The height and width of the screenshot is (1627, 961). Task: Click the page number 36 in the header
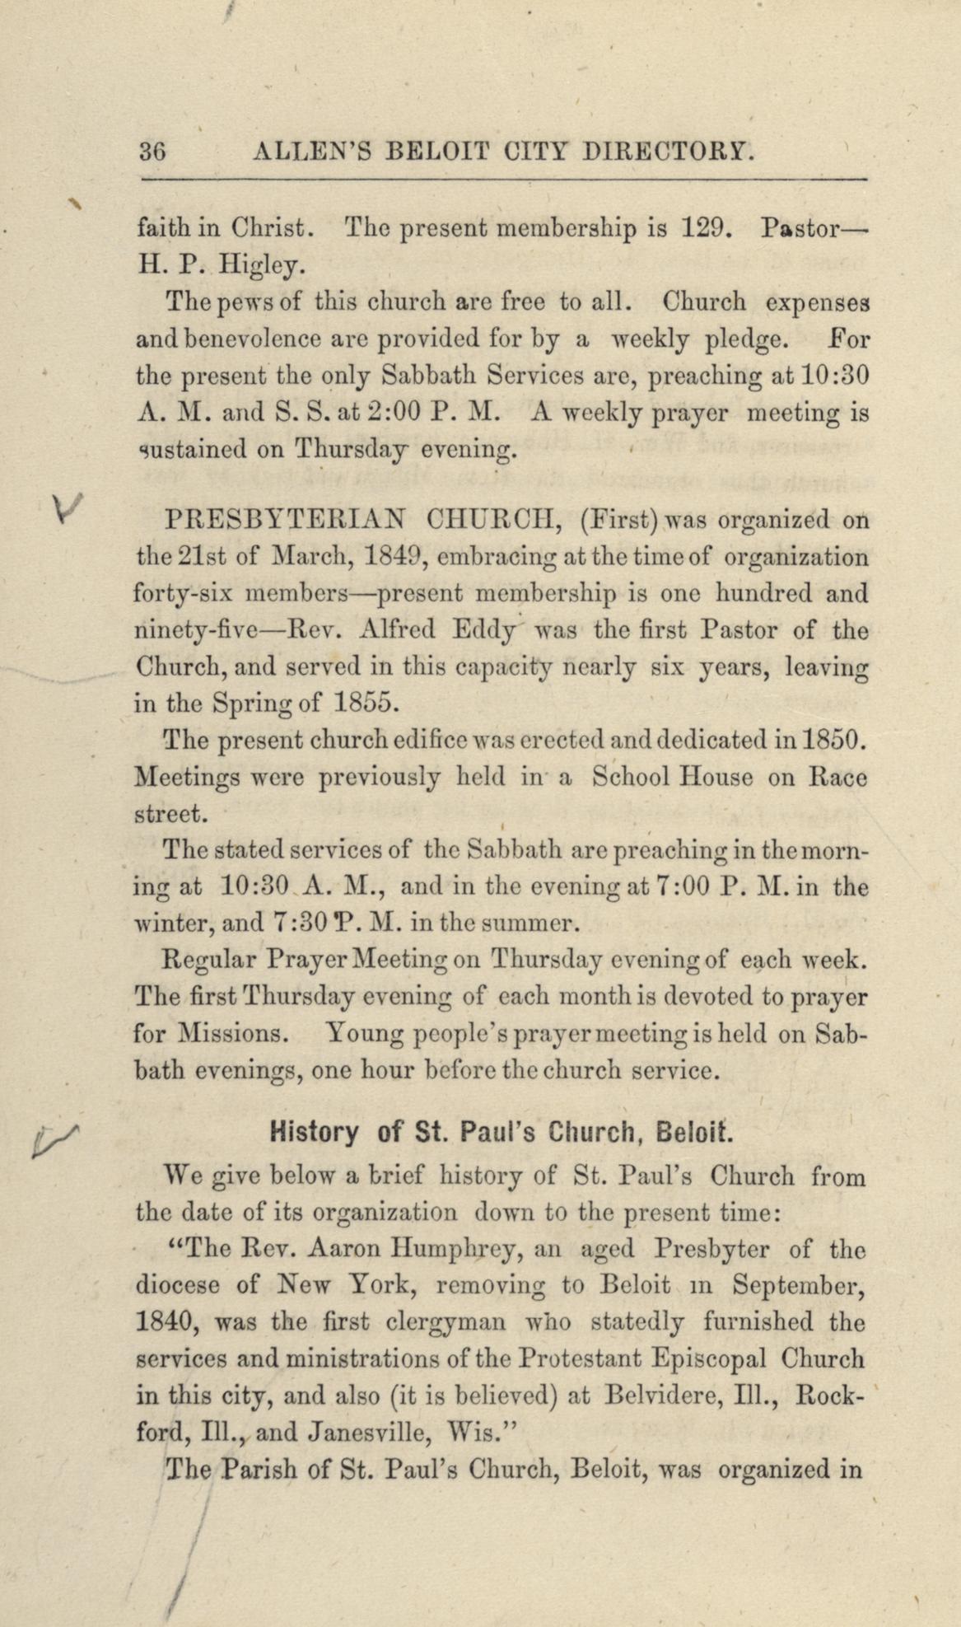click(x=153, y=152)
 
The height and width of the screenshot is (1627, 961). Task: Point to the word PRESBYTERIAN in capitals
click(x=285, y=521)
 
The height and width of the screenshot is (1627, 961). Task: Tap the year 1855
click(x=366, y=704)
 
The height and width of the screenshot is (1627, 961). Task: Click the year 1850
click(x=833, y=741)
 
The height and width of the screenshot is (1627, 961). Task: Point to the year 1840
click(x=165, y=1322)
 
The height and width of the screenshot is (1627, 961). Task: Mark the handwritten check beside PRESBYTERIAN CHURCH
click(x=66, y=511)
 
